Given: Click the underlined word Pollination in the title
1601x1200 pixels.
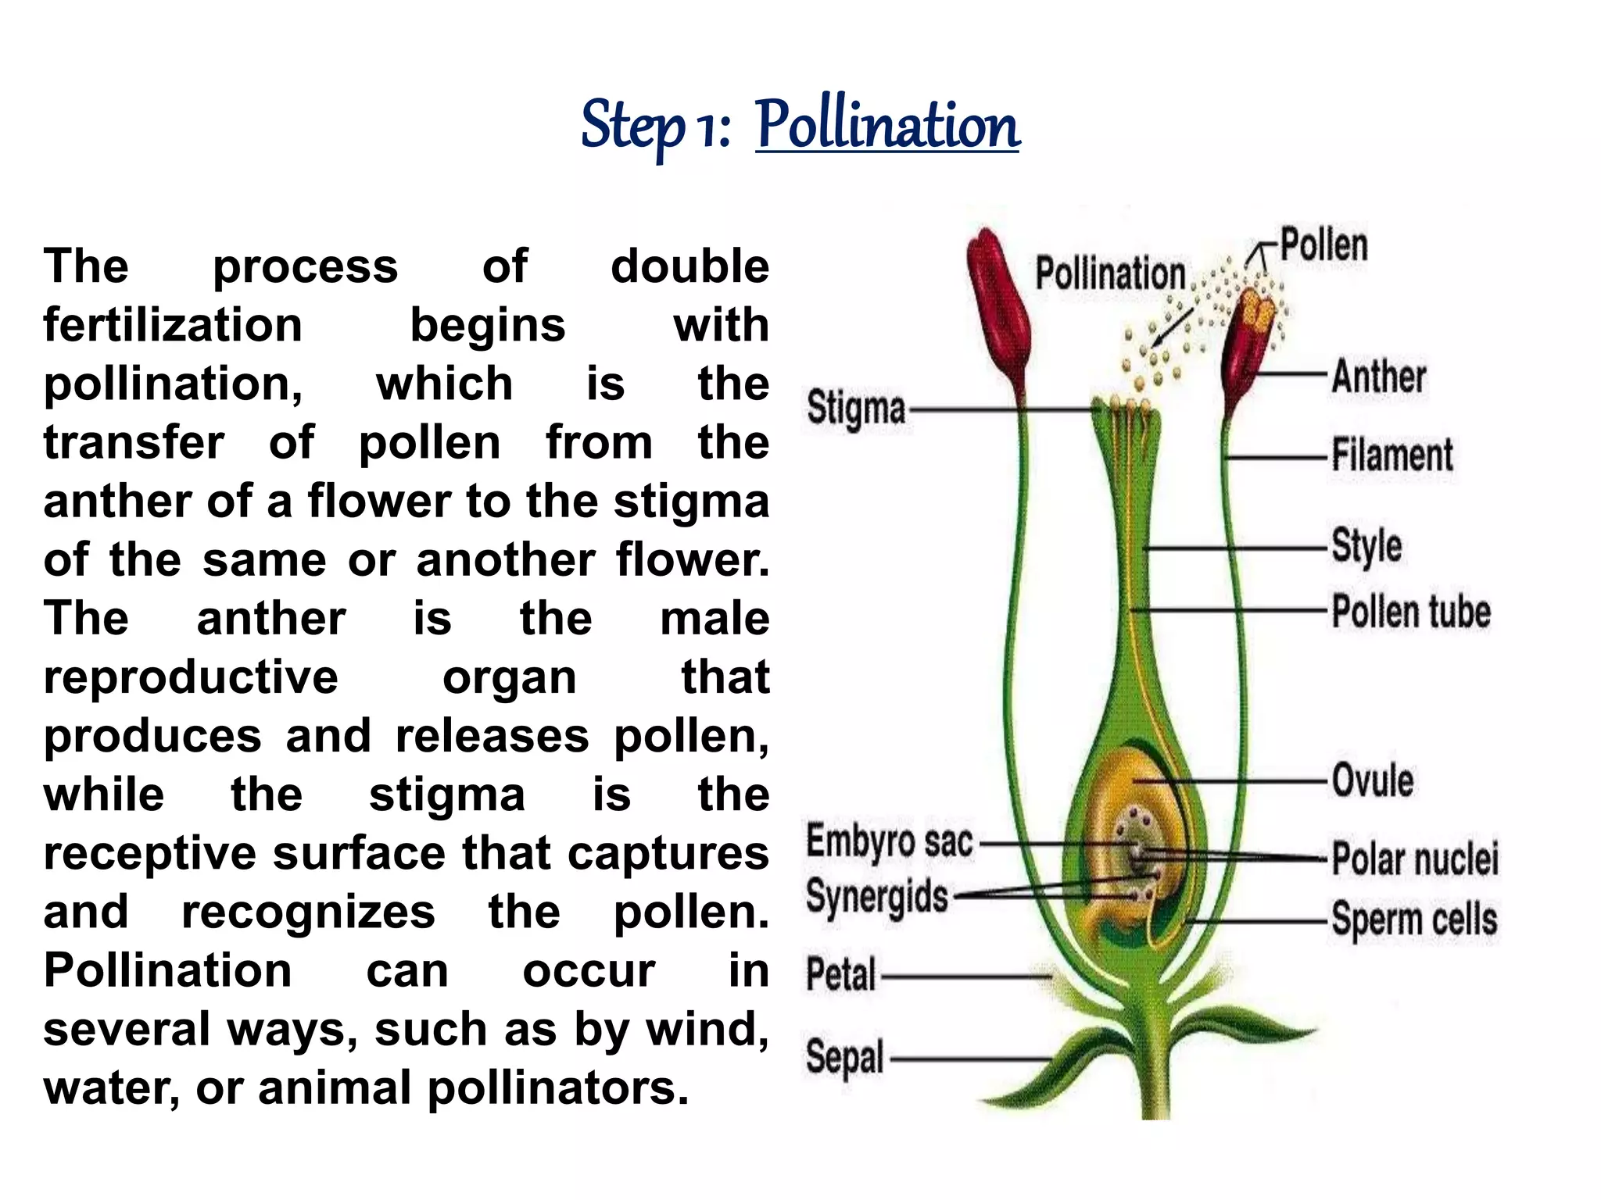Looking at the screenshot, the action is coord(887,125).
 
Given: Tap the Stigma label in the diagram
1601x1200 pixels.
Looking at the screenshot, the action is coord(856,409).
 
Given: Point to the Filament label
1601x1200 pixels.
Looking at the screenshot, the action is coord(1392,455).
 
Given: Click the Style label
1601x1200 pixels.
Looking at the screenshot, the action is coord(1366,545).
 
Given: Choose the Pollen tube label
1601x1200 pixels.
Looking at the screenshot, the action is coord(1411,611).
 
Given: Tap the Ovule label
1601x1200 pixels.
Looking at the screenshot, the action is coord(1373,780).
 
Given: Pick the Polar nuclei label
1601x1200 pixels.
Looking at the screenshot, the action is coord(1415,858).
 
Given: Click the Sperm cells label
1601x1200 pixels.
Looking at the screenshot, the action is coord(1414,919).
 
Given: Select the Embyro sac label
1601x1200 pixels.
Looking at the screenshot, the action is coord(890,842).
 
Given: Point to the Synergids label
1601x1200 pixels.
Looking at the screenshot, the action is coord(876,896).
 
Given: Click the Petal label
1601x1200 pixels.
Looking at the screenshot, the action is coord(840,974).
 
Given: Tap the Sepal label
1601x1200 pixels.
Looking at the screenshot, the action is coord(844,1057).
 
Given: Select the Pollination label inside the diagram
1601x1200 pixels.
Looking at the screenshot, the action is coord(1110,273).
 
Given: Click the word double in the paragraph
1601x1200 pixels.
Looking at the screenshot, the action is coord(689,266).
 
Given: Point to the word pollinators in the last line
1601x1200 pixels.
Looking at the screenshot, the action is coord(558,1087).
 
